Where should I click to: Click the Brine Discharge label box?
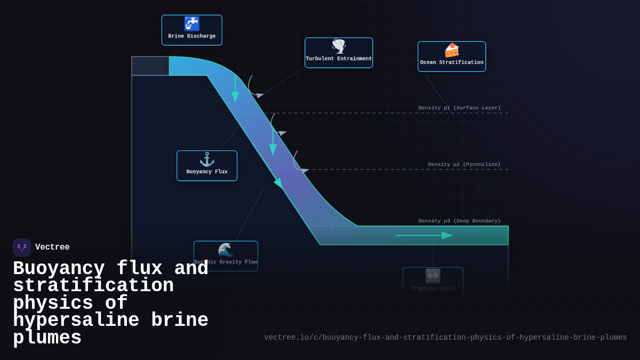point(192,30)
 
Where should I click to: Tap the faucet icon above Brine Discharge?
point(191,23)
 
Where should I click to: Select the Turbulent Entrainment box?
point(339,53)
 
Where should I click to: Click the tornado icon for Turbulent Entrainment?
point(339,46)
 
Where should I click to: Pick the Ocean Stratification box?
point(452,57)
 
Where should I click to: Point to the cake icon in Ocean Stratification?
point(452,50)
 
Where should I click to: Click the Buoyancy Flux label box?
point(207,166)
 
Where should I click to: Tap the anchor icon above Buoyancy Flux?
point(207,159)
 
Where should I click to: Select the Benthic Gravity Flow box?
point(226,256)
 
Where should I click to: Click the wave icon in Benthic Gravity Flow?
point(226,250)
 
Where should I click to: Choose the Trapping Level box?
point(433,283)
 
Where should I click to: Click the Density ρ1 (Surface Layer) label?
point(459,108)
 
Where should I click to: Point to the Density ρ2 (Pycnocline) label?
point(464,164)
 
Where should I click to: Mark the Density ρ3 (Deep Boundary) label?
point(459,221)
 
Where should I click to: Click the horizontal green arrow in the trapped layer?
point(423,235)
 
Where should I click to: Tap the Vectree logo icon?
point(22,247)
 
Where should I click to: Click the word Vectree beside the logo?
point(52,247)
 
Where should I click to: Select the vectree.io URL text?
point(445,338)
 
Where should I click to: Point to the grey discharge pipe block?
point(150,66)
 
